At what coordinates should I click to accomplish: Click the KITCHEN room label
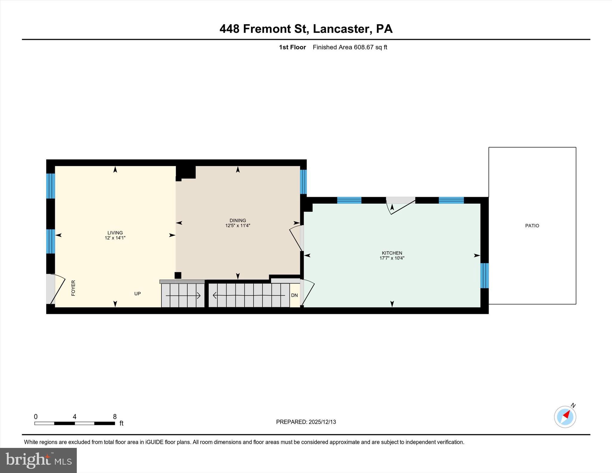(392, 253)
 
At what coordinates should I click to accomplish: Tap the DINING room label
(238, 221)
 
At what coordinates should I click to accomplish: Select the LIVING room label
(115, 233)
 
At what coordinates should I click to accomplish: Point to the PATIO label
(532, 226)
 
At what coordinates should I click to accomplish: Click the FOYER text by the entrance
(73, 288)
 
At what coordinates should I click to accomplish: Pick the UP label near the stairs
(137, 293)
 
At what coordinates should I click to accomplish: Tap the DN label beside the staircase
(294, 295)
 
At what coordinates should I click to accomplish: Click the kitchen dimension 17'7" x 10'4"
(392, 258)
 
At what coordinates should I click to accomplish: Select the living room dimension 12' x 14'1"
(115, 238)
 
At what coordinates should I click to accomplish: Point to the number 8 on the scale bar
(115, 417)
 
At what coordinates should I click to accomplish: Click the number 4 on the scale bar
(75, 417)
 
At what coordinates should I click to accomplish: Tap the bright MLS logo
(38, 460)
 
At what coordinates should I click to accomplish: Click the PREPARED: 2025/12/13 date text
(306, 422)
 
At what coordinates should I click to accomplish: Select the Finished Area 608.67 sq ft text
(350, 47)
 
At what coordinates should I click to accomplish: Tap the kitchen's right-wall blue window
(484, 275)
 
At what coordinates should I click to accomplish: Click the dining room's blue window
(303, 182)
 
